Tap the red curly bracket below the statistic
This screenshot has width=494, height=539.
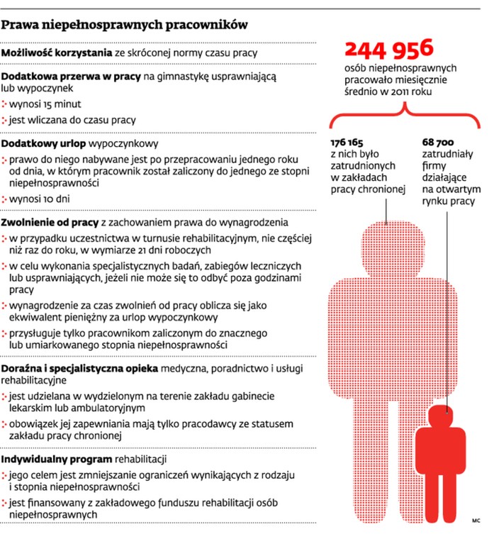[x=404, y=112]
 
